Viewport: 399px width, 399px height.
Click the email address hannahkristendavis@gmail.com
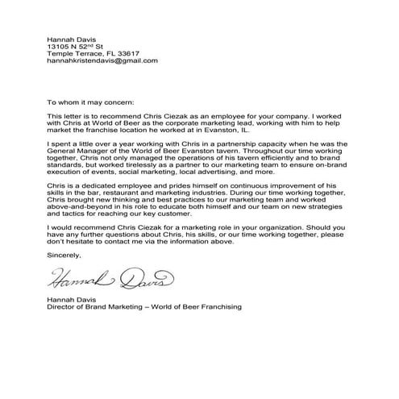tap(102, 60)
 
